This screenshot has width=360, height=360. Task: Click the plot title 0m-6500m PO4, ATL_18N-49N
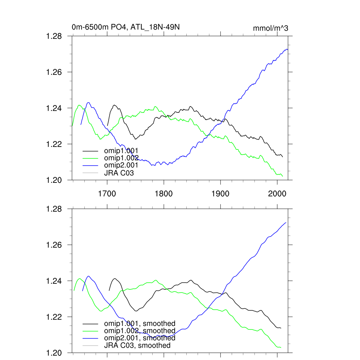[x=126, y=27]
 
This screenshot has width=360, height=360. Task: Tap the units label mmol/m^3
[x=270, y=28]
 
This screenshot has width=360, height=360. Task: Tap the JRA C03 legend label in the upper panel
[x=119, y=173]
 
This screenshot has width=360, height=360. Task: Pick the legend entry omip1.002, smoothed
[x=140, y=331]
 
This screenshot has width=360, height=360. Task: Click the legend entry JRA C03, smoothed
[x=137, y=346]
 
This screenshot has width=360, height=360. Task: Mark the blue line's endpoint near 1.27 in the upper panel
[x=288, y=50]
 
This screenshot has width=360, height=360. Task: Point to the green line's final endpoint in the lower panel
[x=281, y=348]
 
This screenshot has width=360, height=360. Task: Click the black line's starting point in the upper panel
[x=108, y=125]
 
